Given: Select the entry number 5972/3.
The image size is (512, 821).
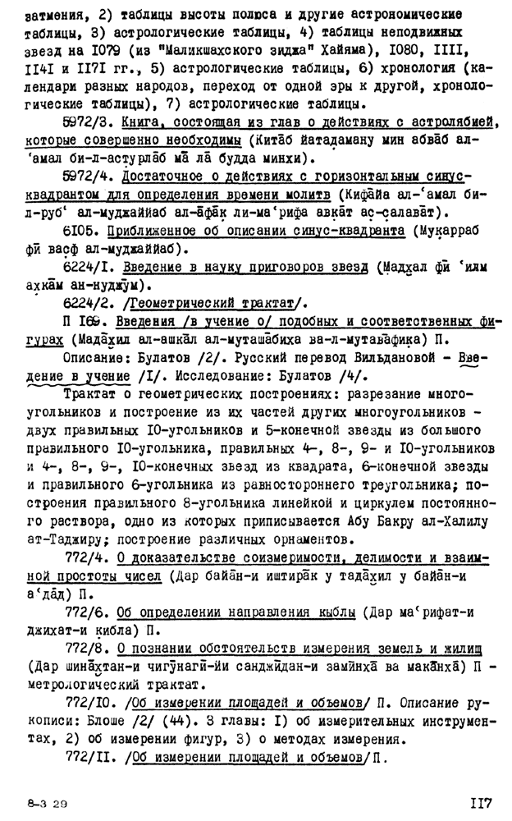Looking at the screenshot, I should click(x=89, y=122).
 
